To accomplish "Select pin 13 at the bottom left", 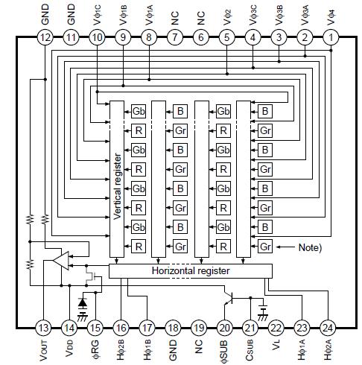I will [45, 328].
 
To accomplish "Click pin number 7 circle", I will [175, 36].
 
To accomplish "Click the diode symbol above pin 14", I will [82, 304].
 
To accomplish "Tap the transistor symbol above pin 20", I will [231, 298].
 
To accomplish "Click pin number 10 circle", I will [97, 36].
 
